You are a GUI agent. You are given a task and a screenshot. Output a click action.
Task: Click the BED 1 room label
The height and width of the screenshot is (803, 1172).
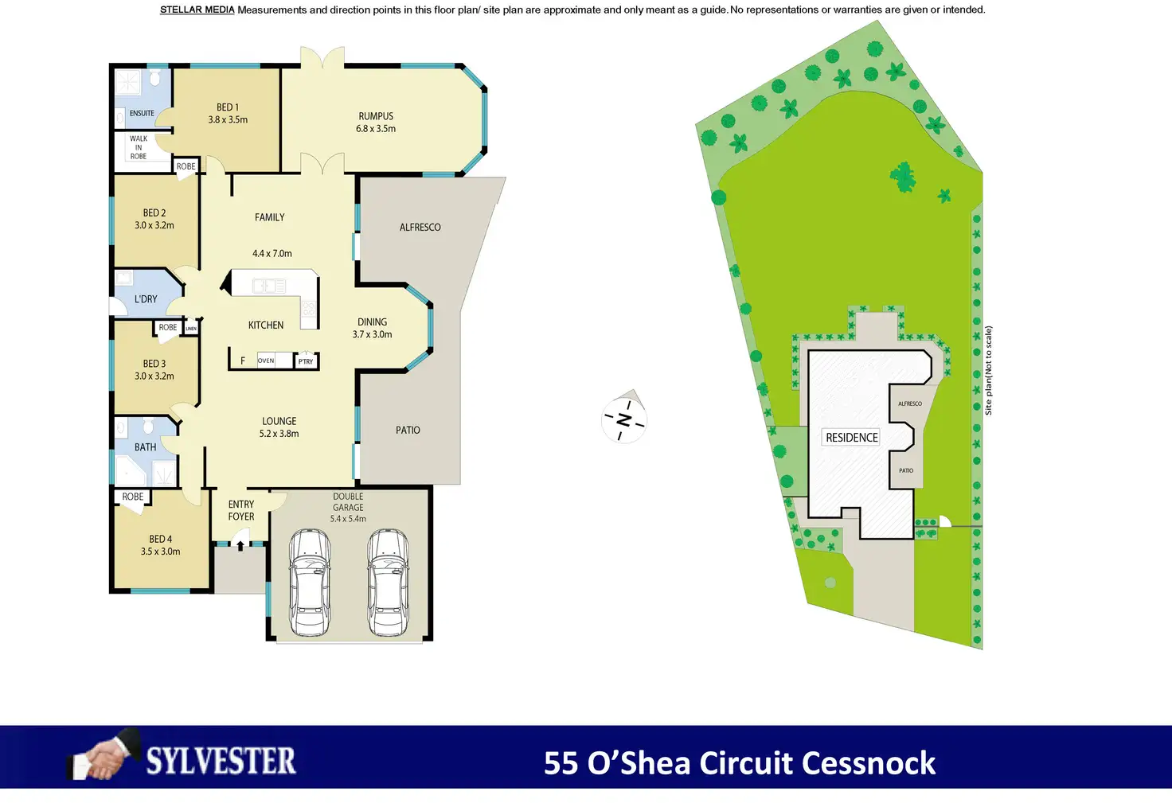(228, 107)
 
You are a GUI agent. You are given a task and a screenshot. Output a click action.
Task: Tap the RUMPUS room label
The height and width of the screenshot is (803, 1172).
(376, 116)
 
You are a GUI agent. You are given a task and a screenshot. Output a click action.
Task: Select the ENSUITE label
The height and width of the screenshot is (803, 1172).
(142, 114)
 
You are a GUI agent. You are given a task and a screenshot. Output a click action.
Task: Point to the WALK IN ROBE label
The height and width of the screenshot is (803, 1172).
(139, 147)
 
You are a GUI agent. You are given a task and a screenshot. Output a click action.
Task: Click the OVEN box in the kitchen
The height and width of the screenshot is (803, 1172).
(266, 361)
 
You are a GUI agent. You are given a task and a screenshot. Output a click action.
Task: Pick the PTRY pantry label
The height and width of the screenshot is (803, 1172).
(306, 361)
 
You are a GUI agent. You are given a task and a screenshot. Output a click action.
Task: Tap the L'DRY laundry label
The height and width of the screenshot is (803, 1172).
(146, 299)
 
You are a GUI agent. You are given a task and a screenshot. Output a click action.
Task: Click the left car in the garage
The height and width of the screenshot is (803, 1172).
(310, 583)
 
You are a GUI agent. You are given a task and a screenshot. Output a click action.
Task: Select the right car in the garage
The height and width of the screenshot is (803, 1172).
(388, 583)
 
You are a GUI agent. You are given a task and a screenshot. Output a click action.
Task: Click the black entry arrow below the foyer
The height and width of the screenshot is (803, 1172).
(240, 546)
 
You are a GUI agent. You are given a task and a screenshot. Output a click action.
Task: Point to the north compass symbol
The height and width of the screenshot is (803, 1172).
(624, 419)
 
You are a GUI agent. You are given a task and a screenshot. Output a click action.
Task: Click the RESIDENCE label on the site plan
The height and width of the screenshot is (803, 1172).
(852, 438)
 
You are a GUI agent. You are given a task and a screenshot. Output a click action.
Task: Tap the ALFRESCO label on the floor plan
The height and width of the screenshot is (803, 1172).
(420, 228)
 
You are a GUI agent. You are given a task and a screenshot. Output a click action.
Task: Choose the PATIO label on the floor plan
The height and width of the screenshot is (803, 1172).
(408, 431)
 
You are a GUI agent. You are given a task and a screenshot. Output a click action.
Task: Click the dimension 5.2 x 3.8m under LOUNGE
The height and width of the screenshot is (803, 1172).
(279, 435)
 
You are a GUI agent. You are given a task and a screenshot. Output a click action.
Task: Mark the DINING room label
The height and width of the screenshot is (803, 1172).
(372, 322)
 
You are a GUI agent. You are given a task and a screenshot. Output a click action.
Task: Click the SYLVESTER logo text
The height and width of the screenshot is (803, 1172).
(221, 762)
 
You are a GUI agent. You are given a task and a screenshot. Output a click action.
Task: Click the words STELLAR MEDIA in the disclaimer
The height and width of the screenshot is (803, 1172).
(197, 10)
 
